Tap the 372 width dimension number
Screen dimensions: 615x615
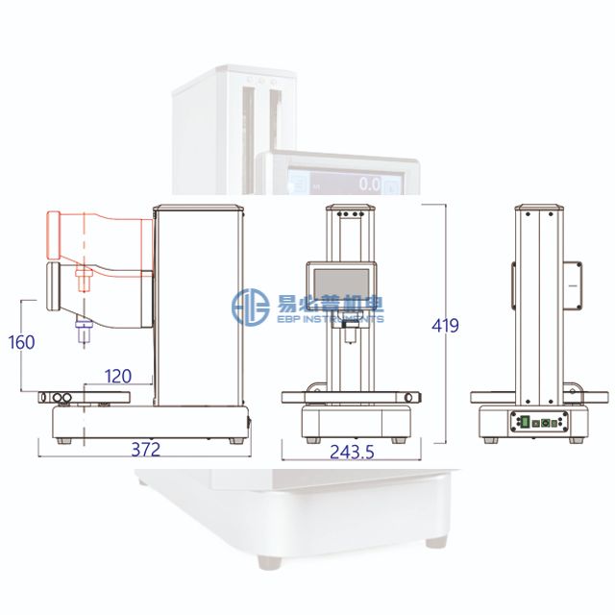(144, 449)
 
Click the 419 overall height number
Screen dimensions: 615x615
(445, 326)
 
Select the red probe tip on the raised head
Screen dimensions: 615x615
(81, 279)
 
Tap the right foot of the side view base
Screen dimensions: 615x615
(235, 440)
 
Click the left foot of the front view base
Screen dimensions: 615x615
(310, 440)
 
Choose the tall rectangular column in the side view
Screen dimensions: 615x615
(198, 303)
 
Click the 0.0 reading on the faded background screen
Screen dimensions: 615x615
(369, 183)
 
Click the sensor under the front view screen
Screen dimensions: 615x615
(349, 336)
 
